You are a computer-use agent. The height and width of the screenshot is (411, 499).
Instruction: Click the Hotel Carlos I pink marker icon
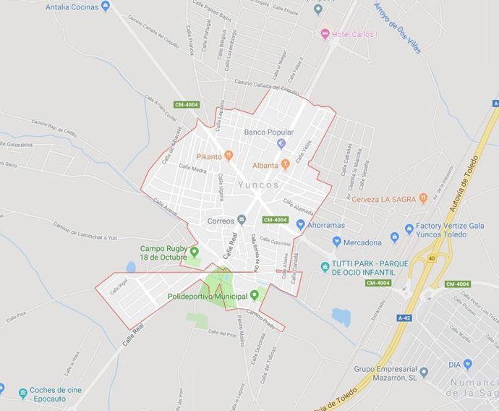[325, 33]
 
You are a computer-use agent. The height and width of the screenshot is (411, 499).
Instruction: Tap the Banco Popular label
[268, 132]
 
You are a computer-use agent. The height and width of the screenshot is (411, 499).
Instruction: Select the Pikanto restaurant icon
[229, 155]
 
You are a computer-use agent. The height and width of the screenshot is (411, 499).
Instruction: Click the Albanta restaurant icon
[285, 164]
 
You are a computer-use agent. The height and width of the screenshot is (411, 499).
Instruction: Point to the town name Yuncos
[257, 185]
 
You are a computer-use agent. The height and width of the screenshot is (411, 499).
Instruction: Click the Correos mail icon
[242, 220]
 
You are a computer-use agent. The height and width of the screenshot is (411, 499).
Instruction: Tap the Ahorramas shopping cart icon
[300, 225]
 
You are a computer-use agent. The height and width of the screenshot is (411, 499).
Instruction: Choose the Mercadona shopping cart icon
[336, 242]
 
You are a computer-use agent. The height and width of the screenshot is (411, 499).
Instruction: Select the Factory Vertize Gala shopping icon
[395, 236]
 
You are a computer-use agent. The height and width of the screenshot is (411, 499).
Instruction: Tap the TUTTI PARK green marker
[325, 268]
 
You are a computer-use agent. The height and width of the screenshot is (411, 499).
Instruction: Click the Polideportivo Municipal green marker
[254, 295]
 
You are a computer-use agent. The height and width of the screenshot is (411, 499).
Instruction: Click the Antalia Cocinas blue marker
[106, 7]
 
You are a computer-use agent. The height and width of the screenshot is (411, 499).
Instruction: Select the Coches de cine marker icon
[24, 393]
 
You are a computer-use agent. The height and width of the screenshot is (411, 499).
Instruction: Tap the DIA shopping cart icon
[467, 364]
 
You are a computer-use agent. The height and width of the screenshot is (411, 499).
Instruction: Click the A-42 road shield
[404, 317]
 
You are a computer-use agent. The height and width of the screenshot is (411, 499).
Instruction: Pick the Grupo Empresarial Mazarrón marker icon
[424, 372]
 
